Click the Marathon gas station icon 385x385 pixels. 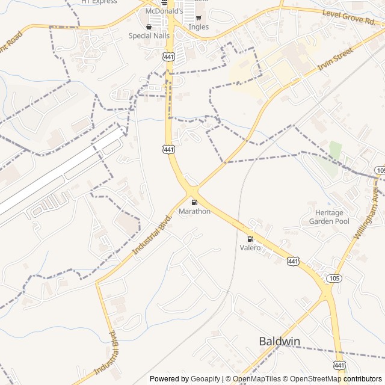click(194, 202)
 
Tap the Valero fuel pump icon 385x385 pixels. click(250, 239)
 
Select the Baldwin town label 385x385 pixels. click(279, 341)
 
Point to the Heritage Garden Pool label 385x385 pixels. click(328, 217)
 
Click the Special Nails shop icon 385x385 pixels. click(149, 26)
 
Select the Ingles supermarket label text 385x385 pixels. click(199, 26)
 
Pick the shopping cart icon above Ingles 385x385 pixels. click(199, 17)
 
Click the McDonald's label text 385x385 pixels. click(164, 11)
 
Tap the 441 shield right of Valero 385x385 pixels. click(293, 260)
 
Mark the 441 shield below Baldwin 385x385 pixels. click(339, 366)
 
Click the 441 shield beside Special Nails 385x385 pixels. click(168, 55)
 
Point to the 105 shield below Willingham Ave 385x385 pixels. click(334, 279)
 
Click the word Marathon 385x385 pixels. click(194, 211)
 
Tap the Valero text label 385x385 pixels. click(250, 248)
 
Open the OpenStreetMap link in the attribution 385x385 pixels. click(311, 378)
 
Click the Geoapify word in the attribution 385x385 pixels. click(205, 378)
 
